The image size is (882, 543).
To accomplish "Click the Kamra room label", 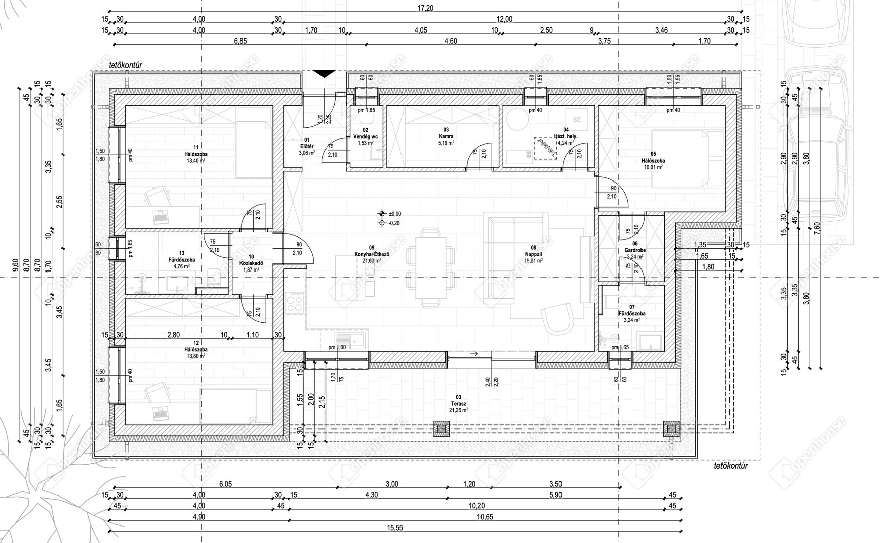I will (x=445, y=136).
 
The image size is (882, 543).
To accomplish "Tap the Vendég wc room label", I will (x=366, y=136).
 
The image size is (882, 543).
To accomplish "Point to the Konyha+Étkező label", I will (x=372, y=254).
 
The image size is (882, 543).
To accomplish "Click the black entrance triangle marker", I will (x=324, y=74).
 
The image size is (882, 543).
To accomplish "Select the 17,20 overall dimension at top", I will (x=425, y=8).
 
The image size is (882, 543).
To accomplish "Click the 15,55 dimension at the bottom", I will (x=395, y=528).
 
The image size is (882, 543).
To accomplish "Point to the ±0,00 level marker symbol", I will (x=382, y=213).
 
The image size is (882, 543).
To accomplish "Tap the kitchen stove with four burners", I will (x=294, y=303).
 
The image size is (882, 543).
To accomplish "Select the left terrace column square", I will (x=442, y=429).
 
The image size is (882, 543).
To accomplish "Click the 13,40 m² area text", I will (x=196, y=161).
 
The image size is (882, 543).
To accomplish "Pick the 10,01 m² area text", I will (x=653, y=167).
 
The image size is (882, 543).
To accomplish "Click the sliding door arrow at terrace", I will (x=473, y=354).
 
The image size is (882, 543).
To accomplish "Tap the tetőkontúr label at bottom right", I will (x=731, y=466).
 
